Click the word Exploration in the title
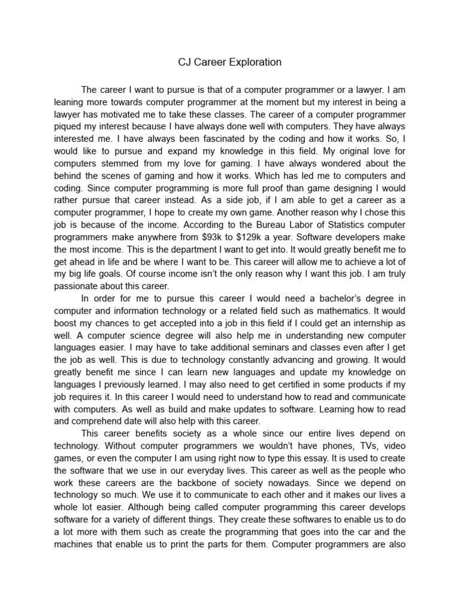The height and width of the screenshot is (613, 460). tap(252, 62)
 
